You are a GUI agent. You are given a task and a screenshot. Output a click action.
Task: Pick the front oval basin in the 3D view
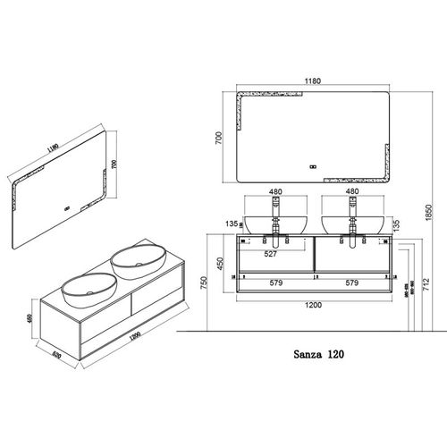pyautogui.click(x=87, y=288)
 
